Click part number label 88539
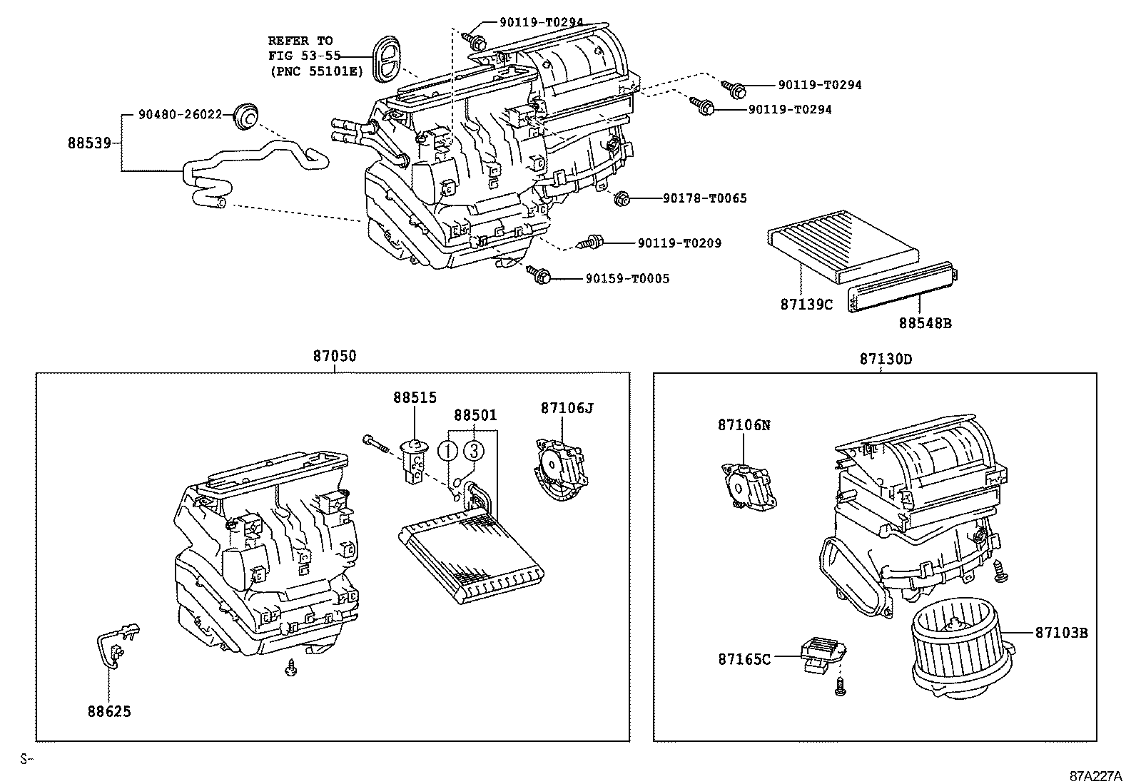pyautogui.click(x=89, y=143)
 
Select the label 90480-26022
pyautogui.click(x=181, y=114)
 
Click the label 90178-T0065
pyautogui.click(x=704, y=198)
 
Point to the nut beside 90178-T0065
pyautogui.click(x=622, y=198)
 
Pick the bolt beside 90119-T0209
pyautogui.click(x=592, y=243)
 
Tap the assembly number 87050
pyautogui.click(x=333, y=356)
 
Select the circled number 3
pyautogui.click(x=474, y=451)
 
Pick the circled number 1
pyautogui.click(x=448, y=451)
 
